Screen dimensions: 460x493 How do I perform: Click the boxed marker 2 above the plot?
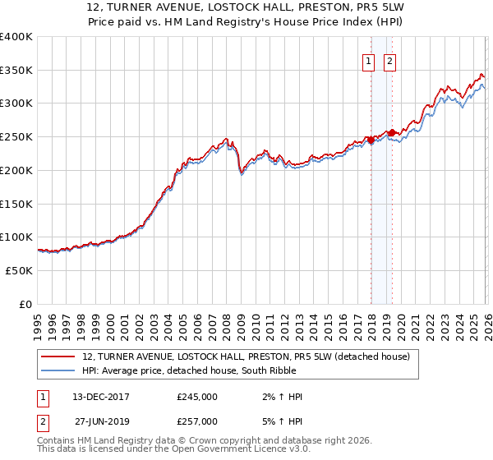389,61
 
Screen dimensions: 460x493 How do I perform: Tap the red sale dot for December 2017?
371,140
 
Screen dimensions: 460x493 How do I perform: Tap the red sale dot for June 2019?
393,131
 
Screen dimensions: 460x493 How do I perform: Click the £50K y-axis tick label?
19,270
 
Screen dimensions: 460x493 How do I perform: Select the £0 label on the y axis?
25,304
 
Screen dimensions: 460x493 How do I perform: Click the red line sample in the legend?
58,356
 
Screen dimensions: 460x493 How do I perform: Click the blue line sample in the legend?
58,370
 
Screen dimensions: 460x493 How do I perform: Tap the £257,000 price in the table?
197,421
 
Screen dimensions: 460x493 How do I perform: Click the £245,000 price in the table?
197,397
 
